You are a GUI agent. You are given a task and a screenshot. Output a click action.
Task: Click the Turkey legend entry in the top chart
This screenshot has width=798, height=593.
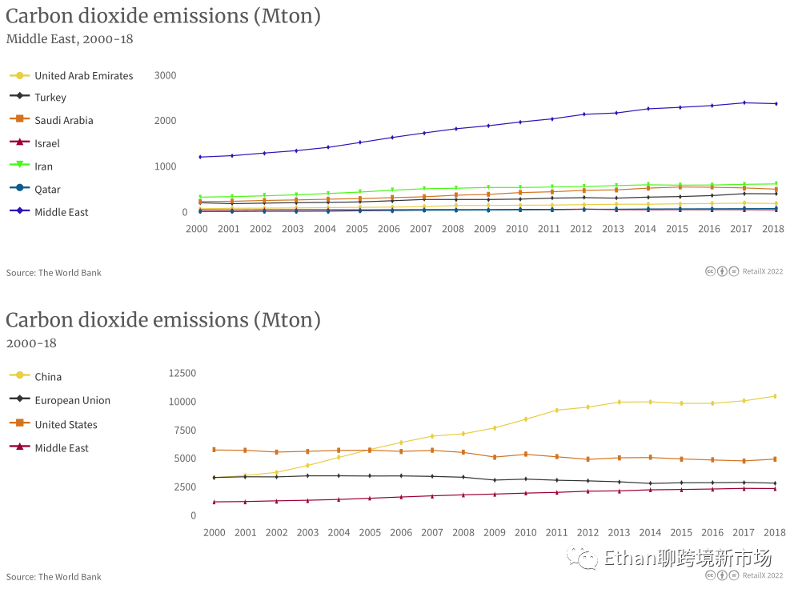pyautogui.click(x=50, y=98)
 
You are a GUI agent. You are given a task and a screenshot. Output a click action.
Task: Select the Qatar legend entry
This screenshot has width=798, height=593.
pyautogui.click(x=47, y=190)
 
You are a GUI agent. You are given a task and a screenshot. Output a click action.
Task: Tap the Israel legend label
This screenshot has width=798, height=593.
pyautogui.click(x=46, y=144)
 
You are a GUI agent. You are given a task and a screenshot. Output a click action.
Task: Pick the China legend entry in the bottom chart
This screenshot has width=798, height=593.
pyautogui.click(x=47, y=377)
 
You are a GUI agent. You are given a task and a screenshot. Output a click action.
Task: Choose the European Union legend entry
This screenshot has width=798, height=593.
pyautogui.click(x=72, y=401)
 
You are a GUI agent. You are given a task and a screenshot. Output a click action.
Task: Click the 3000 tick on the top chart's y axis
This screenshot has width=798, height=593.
pyautogui.click(x=166, y=75)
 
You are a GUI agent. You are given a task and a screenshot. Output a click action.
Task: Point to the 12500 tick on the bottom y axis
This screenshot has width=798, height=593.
pyautogui.click(x=182, y=373)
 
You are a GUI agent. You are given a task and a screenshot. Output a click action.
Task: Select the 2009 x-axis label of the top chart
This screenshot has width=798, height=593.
pyautogui.click(x=485, y=229)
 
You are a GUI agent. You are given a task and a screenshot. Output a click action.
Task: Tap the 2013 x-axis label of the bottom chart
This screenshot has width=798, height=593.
pyautogui.click(x=619, y=533)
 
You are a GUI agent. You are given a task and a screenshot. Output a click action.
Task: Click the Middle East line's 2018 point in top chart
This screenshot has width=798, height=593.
pyautogui.click(x=776, y=103)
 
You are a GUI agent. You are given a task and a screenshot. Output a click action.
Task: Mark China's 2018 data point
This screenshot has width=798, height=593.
pyautogui.click(x=774, y=396)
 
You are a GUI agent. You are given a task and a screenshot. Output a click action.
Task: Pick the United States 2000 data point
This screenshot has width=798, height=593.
pyautogui.click(x=214, y=450)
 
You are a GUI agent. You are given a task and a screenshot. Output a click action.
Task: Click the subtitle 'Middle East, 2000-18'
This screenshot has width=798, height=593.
pyautogui.click(x=70, y=38)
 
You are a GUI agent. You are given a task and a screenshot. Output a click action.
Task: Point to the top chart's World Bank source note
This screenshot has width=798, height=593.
pyautogui.click(x=54, y=273)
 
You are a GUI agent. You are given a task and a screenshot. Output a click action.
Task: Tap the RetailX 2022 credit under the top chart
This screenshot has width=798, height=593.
pyautogui.click(x=761, y=271)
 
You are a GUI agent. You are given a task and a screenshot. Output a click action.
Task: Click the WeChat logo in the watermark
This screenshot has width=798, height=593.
pyautogui.click(x=582, y=558)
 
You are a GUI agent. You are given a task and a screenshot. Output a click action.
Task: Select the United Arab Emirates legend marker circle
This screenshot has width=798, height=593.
pyautogui.click(x=19, y=76)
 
